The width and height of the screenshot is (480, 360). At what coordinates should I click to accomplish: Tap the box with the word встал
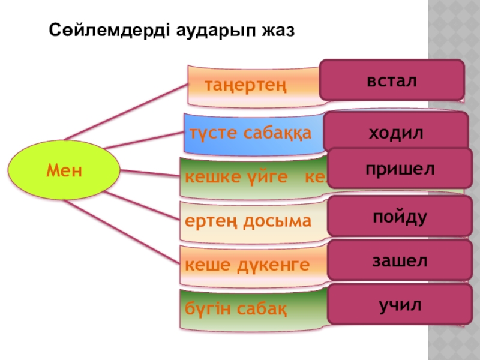pyautogui.click(x=392, y=80)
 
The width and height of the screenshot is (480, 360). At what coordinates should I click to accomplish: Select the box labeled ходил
pyautogui.click(x=395, y=132)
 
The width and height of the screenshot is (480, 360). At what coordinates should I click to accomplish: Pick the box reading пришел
pyautogui.click(x=400, y=169)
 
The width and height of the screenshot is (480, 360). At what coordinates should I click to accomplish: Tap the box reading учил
pyautogui.click(x=400, y=305)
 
